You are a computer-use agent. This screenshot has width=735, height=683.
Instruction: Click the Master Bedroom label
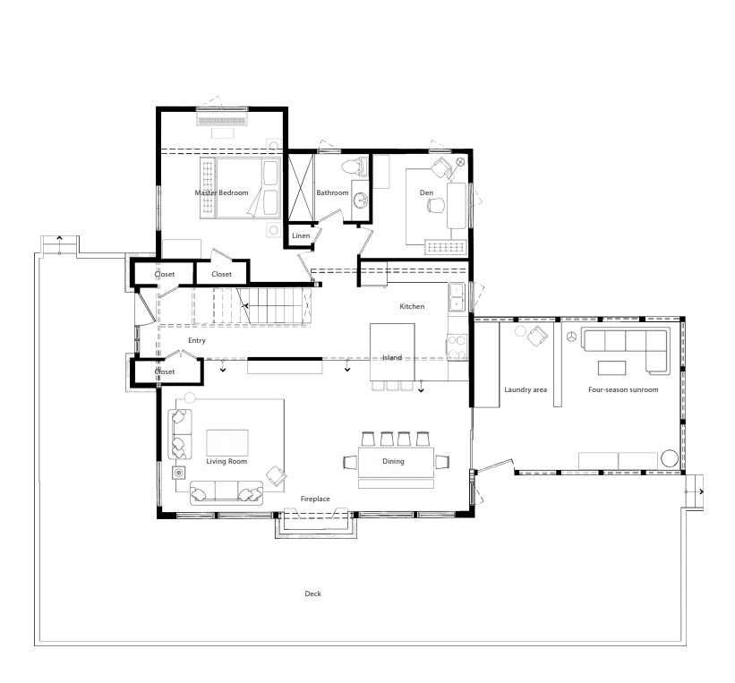(x=221, y=192)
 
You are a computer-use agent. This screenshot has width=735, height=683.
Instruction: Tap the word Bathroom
(x=332, y=192)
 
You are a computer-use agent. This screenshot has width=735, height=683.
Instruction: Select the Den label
(x=426, y=192)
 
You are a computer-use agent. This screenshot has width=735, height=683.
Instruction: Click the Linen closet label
(x=301, y=235)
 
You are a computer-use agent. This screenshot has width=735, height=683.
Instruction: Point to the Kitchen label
(x=412, y=306)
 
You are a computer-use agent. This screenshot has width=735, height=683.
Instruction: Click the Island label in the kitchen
(x=392, y=357)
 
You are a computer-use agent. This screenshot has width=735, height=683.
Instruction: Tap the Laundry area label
(x=526, y=389)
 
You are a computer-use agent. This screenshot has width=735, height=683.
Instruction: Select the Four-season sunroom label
(x=623, y=389)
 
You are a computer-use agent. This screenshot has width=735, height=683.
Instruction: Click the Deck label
(x=312, y=593)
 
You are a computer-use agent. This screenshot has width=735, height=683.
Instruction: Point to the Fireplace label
(x=315, y=499)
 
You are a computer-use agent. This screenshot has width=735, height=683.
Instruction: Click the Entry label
(x=197, y=340)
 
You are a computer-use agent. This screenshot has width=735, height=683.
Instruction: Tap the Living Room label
(x=226, y=461)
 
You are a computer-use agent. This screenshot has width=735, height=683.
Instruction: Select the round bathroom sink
(x=361, y=201)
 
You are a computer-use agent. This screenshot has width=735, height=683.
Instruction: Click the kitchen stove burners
(x=457, y=346)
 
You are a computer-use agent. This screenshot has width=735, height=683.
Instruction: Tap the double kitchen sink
(x=457, y=296)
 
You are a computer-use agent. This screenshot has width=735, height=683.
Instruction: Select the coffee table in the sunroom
(x=611, y=368)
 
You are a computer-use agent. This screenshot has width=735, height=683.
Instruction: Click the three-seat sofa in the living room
(x=226, y=492)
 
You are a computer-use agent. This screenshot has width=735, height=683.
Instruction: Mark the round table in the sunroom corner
(x=670, y=458)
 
